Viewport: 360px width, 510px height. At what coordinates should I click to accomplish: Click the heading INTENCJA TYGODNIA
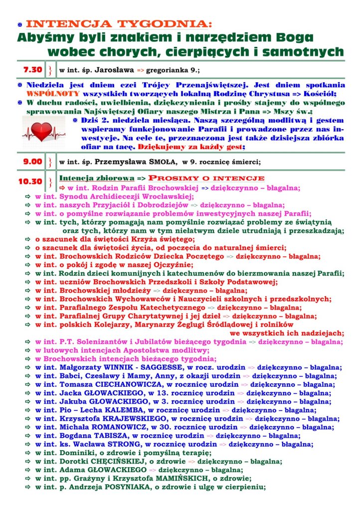click(119, 23)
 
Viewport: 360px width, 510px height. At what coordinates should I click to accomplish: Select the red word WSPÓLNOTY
click(51, 94)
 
